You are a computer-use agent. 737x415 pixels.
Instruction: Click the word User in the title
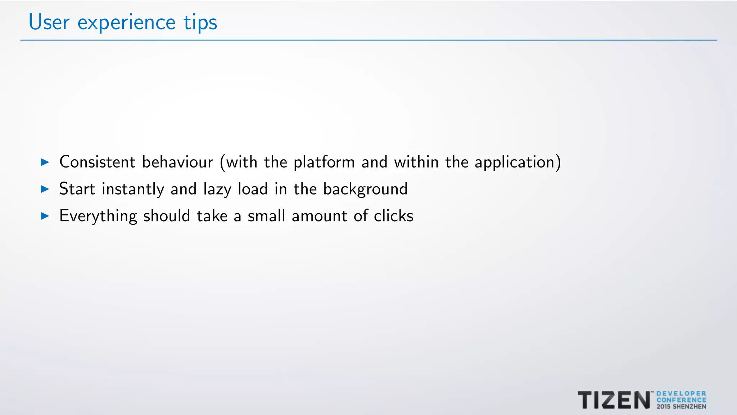pos(49,22)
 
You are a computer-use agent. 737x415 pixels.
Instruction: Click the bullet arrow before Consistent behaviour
pos(45,162)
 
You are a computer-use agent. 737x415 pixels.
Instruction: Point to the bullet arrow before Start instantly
pos(45,189)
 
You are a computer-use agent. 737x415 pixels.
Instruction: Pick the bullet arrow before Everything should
pos(45,216)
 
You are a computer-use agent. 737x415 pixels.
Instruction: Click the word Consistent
pos(97,162)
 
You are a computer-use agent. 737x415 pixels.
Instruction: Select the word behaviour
pos(177,162)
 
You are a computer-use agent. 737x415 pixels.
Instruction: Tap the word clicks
pos(393,216)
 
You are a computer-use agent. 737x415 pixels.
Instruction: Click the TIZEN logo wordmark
pos(614,400)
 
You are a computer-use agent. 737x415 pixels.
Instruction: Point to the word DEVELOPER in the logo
pos(681,394)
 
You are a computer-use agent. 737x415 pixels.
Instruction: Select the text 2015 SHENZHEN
pos(681,407)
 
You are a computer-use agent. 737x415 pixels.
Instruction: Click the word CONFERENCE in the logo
pos(681,400)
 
